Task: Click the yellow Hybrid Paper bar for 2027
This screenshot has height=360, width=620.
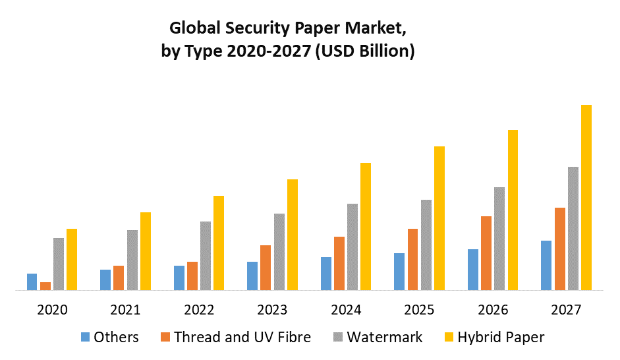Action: click(x=586, y=197)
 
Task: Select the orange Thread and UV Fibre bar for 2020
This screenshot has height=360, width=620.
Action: click(x=45, y=285)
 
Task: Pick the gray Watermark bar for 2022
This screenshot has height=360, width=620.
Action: click(x=206, y=255)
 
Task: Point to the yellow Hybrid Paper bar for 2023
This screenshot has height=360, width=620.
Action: click(x=292, y=234)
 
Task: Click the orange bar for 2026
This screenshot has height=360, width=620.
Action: click(x=486, y=253)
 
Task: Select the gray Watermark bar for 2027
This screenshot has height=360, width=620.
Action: click(x=573, y=228)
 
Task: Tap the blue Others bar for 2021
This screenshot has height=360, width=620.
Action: click(x=105, y=280)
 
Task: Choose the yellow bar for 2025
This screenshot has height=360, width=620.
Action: click(x=439, y=218)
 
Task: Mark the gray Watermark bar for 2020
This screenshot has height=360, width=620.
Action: click(x=59, y=263)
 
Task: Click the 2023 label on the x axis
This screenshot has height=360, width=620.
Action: click(x=272, y=310)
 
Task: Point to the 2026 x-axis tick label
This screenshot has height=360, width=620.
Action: click(x=493, y=310)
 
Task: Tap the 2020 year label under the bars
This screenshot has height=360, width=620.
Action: click(x=52, y=310)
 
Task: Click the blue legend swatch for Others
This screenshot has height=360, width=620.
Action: click(x=85, y=338)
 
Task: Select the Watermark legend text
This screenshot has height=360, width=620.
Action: click(x=385, y=338)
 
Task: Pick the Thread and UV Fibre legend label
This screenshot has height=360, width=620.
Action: click(x=242, y=338)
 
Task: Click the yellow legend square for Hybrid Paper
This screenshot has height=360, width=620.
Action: click(x=449, y=338)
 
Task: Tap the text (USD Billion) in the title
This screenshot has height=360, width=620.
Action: click(x=365, y=51)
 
